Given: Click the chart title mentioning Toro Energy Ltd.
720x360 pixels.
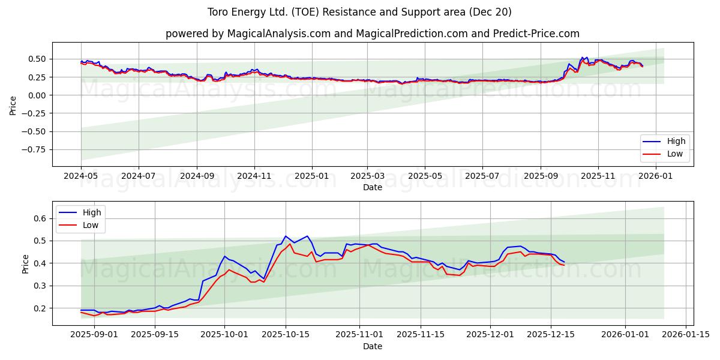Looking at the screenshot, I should pos(359,12).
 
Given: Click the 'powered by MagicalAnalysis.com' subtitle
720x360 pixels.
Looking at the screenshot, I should pos(372,34).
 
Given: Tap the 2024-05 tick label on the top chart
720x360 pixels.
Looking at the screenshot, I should pos(81,176).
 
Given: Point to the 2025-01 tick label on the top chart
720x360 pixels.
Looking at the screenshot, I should pos(312,176).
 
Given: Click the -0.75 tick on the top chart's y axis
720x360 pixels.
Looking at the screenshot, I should pos(34,150).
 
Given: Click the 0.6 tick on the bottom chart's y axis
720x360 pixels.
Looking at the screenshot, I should pos(40,218).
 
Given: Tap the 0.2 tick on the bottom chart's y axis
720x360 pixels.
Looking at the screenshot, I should pos(40,308).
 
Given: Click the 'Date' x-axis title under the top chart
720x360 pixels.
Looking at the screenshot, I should pos(372,187).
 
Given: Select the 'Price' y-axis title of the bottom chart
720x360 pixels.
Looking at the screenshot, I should pos(26,263).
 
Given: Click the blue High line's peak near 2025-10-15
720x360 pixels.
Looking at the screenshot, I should pos(286,236).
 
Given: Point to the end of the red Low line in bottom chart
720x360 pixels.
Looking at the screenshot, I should pos(564,265).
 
